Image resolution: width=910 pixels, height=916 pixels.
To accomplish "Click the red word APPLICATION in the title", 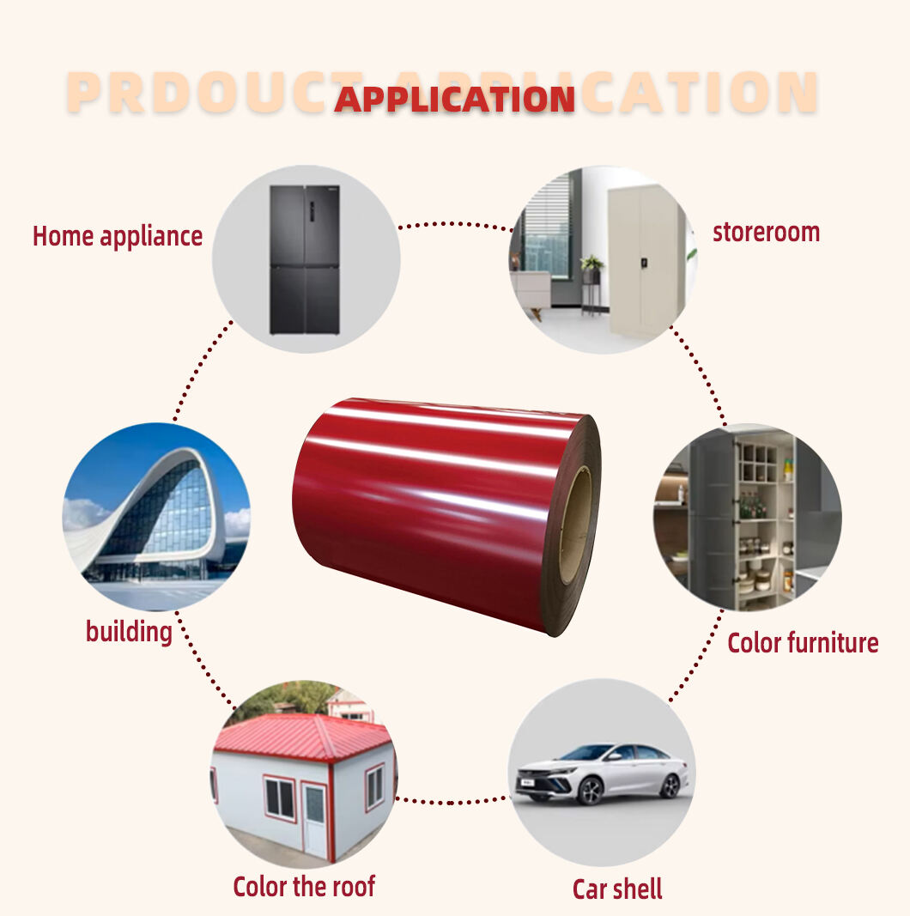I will [454, 99].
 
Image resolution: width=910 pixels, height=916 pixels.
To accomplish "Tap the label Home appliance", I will [118, 236].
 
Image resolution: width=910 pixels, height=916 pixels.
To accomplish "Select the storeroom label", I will [766, 232].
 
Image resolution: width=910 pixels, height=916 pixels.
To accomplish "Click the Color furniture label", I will [803, 643].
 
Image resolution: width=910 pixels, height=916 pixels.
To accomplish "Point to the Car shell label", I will [617, 889].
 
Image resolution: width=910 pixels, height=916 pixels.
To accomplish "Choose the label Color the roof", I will [304, 886].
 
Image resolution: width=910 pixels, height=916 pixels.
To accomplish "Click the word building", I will [129, 632].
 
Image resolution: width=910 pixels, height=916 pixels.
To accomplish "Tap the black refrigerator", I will [304, 259].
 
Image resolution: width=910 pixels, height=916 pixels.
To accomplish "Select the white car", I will [601, 772].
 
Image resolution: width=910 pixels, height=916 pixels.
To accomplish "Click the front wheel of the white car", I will [590, 791].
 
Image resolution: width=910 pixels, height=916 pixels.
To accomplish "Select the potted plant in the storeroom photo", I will [591, 265].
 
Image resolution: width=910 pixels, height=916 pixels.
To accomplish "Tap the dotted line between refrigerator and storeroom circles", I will [454, 226].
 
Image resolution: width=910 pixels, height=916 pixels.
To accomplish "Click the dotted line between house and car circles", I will [452, 802].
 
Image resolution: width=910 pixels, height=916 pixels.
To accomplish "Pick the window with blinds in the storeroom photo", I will [547, 225].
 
